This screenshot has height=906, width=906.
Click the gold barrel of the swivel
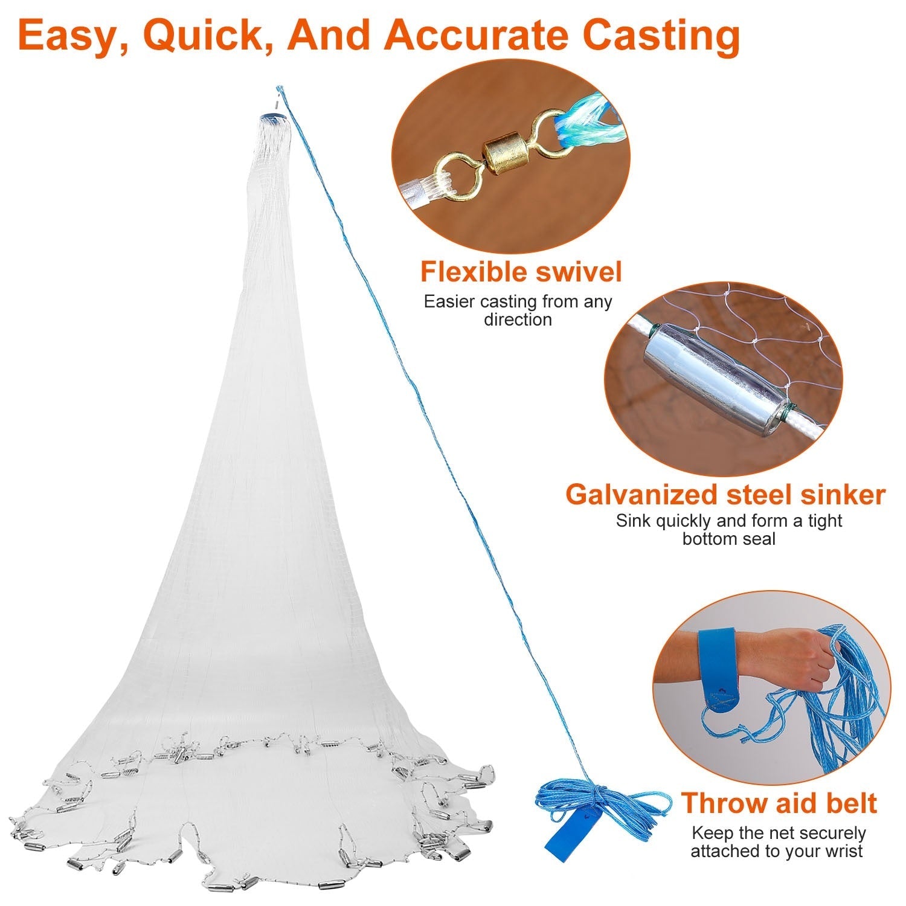point(502,159)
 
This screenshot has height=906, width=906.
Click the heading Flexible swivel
point(521,272)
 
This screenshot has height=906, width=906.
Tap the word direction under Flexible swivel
point(518,320)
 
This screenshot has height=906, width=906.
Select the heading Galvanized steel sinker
point(725,494)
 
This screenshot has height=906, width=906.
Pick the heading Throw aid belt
point(779,803)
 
